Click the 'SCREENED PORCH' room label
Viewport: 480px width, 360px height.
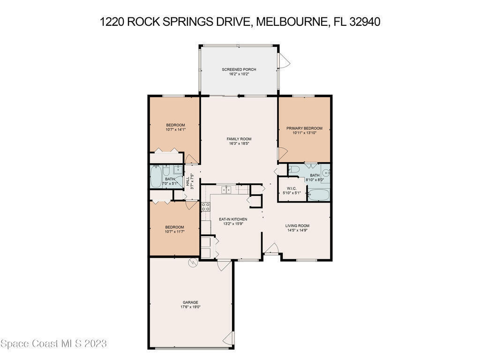click(239, 69)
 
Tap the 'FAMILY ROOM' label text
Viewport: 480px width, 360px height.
click(239, 139)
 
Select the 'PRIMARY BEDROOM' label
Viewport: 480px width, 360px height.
click(304, 128)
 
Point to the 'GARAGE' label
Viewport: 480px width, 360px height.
click(190, 302)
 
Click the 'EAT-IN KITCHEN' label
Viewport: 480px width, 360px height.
click(233, 219)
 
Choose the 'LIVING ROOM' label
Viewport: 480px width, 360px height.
click(297, 225)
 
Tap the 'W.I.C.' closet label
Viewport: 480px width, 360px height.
click(292, 188)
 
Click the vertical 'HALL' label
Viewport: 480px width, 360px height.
click(187, 181)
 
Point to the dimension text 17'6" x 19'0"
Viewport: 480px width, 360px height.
click(190, 307)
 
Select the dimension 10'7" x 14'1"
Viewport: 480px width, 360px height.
click(175, 129)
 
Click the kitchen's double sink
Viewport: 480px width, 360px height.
click(226, 189)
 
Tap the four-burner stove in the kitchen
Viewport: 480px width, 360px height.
click(205, 207)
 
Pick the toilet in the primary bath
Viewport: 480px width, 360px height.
click(294, 169)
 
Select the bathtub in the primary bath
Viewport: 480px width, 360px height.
click(318, 195)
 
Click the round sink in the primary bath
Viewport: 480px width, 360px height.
click(326, 173)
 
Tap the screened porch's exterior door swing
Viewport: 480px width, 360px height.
click(285, 61)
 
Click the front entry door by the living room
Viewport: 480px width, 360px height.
click(271, 248)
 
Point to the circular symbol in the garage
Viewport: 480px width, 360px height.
click(193, 262)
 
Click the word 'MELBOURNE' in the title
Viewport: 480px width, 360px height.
click(291, 22)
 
